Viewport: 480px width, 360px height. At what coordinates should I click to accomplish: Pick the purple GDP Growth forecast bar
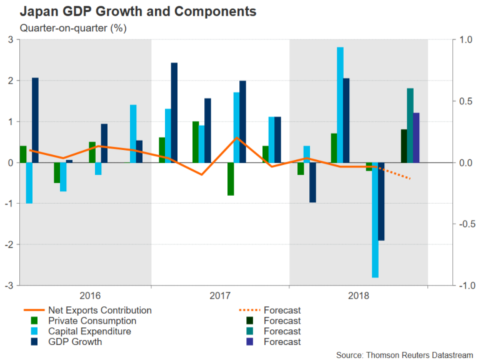coord(416,137)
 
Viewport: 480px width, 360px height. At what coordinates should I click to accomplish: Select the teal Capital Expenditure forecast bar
coord(410,125)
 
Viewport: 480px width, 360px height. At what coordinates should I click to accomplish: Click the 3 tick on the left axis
coord(11,40)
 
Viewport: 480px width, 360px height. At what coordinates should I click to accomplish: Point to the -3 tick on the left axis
coord(9,286)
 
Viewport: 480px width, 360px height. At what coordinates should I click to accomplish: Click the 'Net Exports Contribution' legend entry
coord(99,310)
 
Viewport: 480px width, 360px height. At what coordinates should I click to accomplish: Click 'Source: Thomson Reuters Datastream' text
coord(406,353)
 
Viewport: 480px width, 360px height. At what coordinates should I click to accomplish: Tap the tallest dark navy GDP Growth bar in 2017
coord(174,112)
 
